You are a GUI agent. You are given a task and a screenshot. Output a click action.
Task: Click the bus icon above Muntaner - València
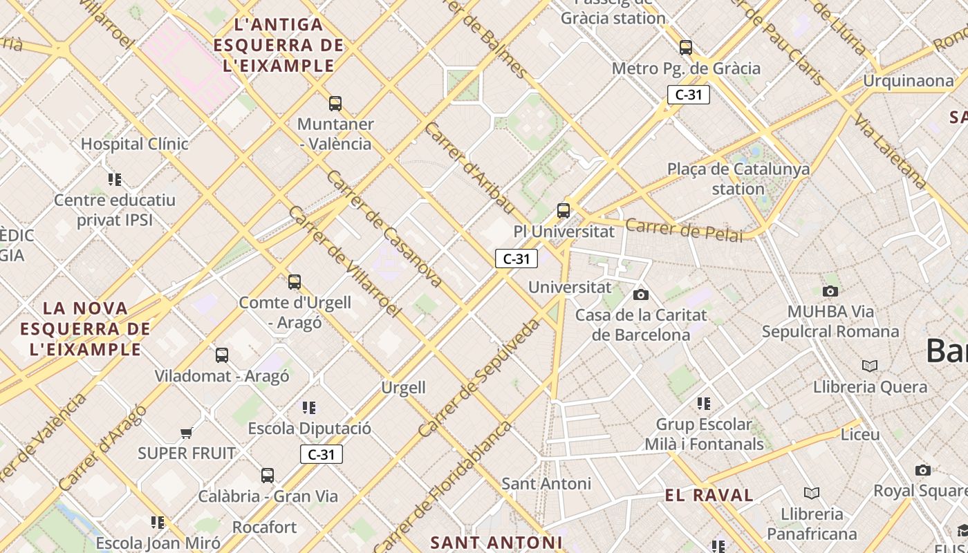click(x=335, y=104)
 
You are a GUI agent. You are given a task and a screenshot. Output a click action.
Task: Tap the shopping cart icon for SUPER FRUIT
click(x=186, y=433)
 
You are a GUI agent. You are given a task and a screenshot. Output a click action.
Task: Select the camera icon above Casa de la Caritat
click(x=641, y=294)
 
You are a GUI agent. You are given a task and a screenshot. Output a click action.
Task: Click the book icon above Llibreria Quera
click(x=870, y=366)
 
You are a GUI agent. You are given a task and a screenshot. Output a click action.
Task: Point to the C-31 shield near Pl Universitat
click(x=516, y=259)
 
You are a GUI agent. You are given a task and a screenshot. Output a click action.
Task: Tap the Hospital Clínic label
click(x=135, y=144)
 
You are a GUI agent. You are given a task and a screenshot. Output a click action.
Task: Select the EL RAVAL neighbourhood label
click(x=709, y=495)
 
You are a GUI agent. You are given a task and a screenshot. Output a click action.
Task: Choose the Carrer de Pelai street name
click(x=683, y=229)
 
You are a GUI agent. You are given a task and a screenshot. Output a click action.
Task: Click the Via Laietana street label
click(x=889, y=151)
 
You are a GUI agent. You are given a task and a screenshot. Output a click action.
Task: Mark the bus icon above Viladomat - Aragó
click(x=222, y=355)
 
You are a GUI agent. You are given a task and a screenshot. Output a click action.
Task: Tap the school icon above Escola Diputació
click(x=309, y=407)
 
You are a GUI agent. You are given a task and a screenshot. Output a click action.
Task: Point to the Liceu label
click(x=860, y=435)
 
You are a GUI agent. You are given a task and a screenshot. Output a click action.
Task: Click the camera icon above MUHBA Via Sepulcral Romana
click(x=830, y=291)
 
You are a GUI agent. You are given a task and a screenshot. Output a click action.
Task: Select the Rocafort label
click(x=264, y=527)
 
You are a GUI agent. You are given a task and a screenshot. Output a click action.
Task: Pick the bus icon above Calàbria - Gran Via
click(x=268, y=476)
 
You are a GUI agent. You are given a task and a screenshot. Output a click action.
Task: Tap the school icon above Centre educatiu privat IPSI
click(x=115, y=180)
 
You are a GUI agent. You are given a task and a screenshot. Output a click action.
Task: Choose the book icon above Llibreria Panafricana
click(x=812, y=493)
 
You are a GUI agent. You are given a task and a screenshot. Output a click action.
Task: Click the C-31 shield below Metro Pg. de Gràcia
click(x=689, y=95)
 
